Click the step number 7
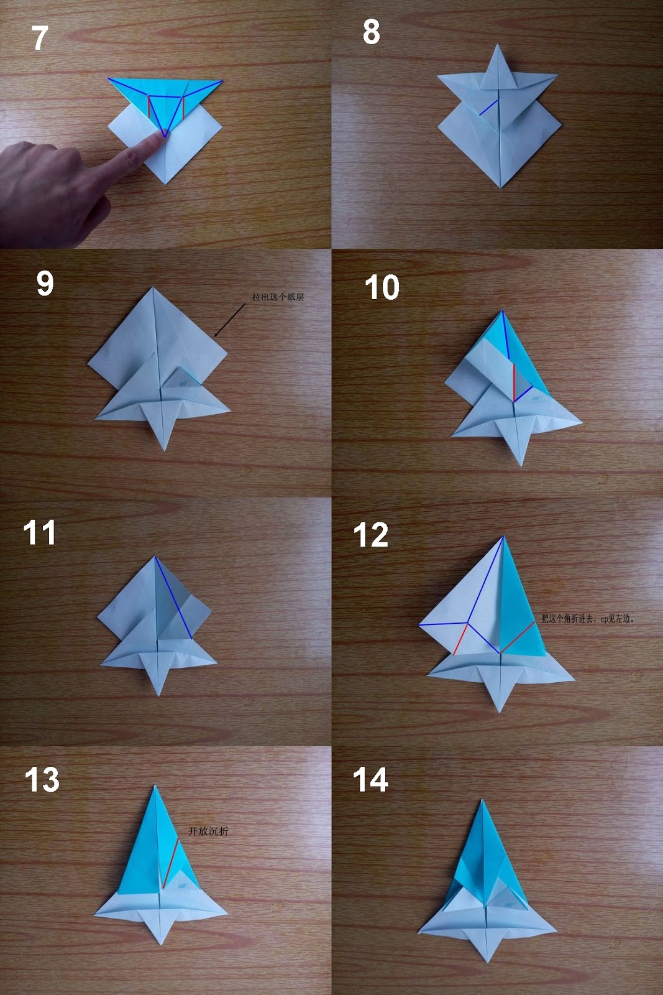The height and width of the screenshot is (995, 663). pos(40,39)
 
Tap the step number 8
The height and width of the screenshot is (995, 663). pos(371,32)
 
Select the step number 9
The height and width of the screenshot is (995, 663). pos(45,284)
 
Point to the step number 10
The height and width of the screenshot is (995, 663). pos(382,288)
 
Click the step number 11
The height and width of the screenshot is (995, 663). pos(39,533)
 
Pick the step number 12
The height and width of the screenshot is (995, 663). pos(371,535)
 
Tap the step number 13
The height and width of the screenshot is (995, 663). pos(42,780)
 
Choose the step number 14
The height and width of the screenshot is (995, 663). pos(370,780)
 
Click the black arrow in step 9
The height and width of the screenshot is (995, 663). pos(229,320)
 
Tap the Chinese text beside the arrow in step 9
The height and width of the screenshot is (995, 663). pos(278,297)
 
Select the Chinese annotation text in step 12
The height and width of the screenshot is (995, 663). pos(587,619)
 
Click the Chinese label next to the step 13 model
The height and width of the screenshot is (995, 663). pos(208,831)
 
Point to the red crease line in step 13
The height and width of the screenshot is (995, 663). pos(171,863)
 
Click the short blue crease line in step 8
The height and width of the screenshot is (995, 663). pos(489,107)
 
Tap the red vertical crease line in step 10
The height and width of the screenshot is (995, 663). pos(514,381)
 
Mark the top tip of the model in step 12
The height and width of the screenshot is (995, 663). pos(503,537)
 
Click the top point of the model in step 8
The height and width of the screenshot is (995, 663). pos(498,45)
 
